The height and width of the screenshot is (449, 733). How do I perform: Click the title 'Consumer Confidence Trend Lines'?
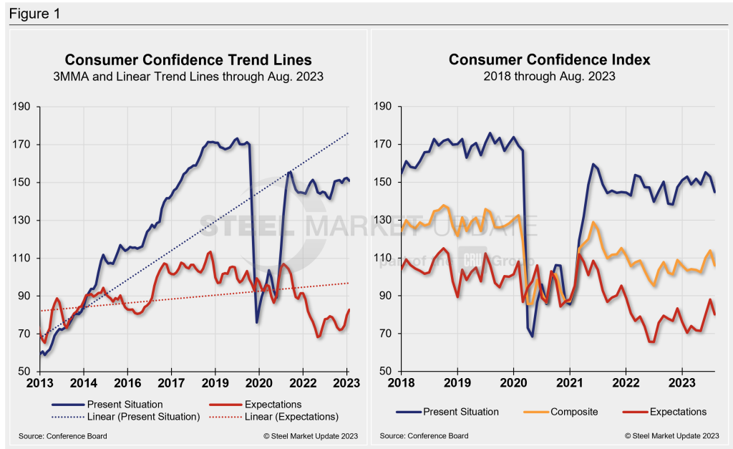pyautogui.click(x=188, y=60)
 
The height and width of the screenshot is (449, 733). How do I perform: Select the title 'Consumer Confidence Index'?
pyautogui.click(x=549, y=60)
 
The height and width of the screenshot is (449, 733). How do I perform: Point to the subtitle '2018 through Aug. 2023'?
pyautogui.click(x=549, y=76)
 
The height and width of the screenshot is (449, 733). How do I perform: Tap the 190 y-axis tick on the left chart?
pyautogui.click(x=21, y=107)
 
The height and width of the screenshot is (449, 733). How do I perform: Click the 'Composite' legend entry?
pyautogui.click(x=574, y=412)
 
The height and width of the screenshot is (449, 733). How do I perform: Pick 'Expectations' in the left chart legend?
pyautogui.click(x=273, y=405)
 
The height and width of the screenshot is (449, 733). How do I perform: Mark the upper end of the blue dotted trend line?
pyautogui.click(x=348, y=132)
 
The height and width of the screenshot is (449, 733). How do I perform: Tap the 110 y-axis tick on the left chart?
pyautogui.click(x=21, y=258)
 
